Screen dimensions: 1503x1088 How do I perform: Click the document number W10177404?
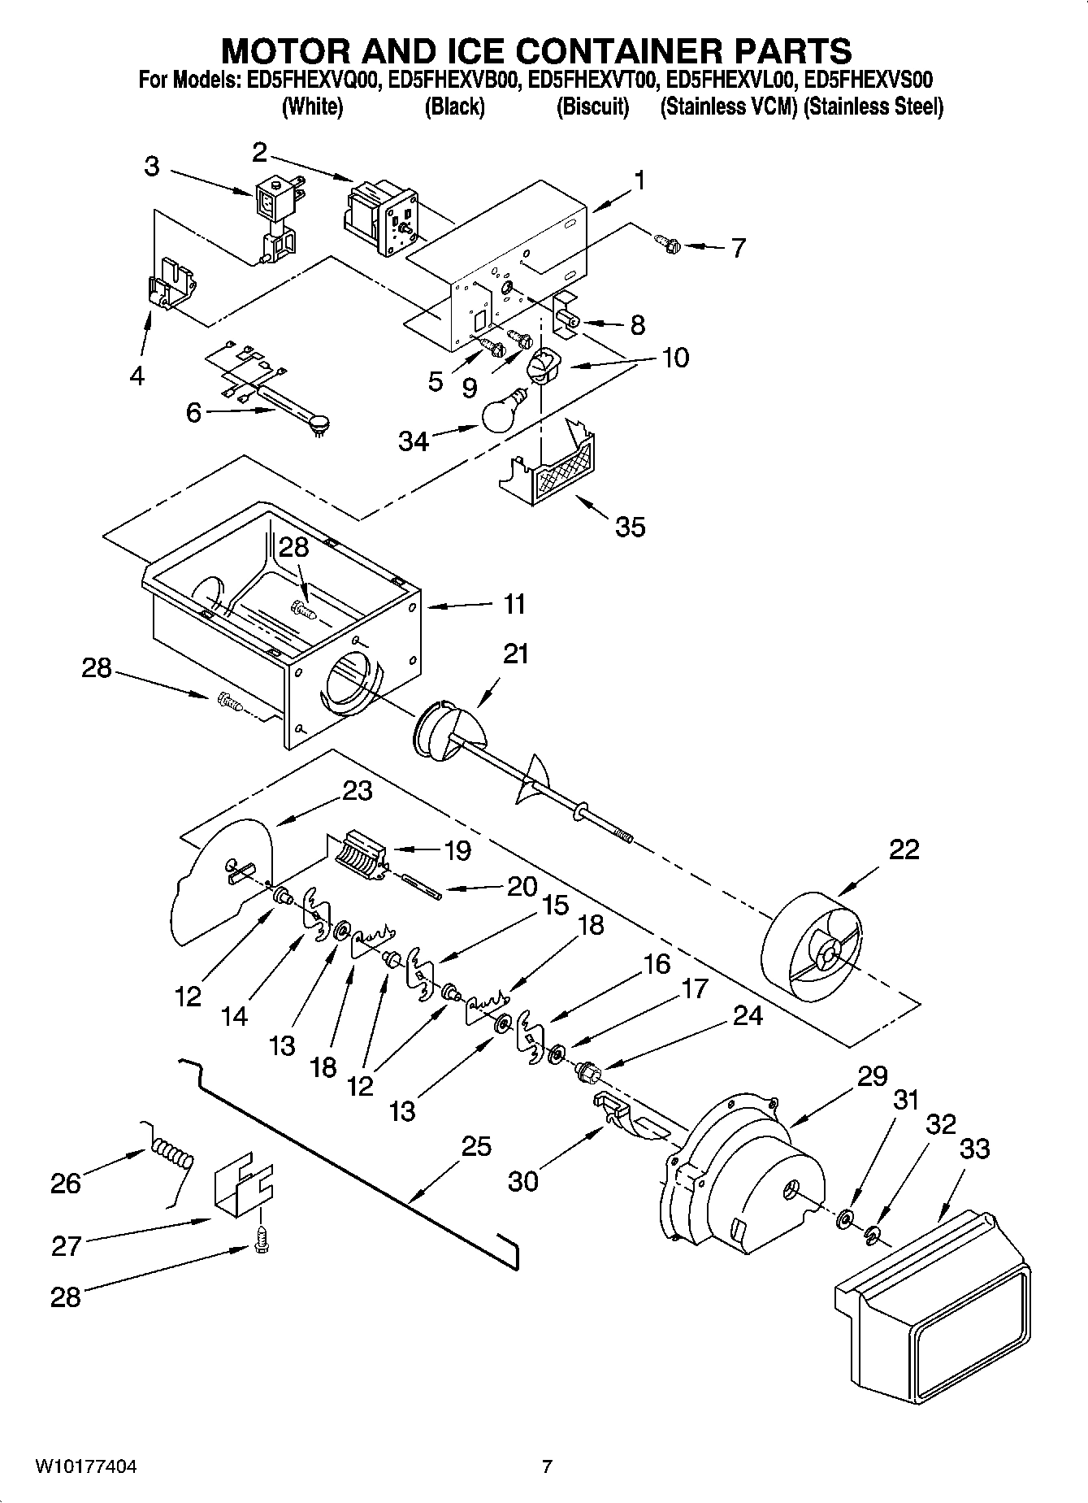point(85,1467)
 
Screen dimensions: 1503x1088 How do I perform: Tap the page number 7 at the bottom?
point(547,1467)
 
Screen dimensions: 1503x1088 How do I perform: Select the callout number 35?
point(630,527)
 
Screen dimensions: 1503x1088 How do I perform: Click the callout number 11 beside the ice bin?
point(514,604)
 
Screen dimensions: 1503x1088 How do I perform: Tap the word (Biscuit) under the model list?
point(592,106)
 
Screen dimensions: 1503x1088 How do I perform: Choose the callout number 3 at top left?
point(152,167)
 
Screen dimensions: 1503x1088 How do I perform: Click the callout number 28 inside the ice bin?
point(293,547)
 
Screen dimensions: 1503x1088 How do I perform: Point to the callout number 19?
point(457,850)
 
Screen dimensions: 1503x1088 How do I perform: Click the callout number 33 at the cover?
point(974,1149)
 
